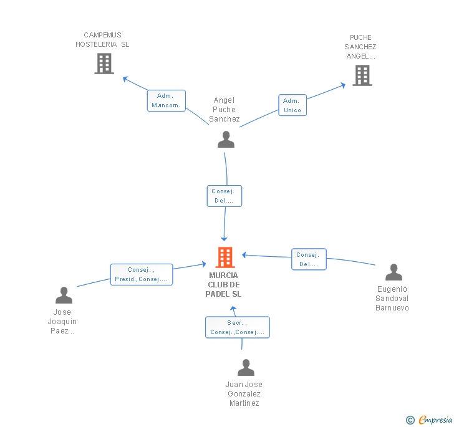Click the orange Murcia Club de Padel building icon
(x=225, y=257)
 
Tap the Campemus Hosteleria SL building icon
(x=104, y=63)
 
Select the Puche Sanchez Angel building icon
(x=362, y=75)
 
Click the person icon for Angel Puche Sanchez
(x=226, y=139)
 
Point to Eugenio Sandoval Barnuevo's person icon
(x=394, y=272)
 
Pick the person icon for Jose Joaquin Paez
(x=64, y=295)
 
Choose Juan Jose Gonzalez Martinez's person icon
(x=246, y=368)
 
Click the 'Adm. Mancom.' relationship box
(x=167, y=100)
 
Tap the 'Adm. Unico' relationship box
(x=292, y=105)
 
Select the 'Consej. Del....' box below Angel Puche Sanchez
(x=224, y=196)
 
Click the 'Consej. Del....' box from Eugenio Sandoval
(x=309, y=259)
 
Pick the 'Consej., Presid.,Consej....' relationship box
(x=142, y=275)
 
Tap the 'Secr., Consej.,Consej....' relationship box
(x=238, y=327)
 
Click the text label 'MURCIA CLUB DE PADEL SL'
(x=225, y=284)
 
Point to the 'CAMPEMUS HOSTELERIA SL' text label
(x=102, y=40)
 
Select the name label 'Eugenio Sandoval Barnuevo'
(x=393, y=298)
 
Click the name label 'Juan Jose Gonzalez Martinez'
(x=244, y=394)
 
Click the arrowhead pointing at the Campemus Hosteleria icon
(x=125, y=79)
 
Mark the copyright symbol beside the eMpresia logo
(x=410, y=420)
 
